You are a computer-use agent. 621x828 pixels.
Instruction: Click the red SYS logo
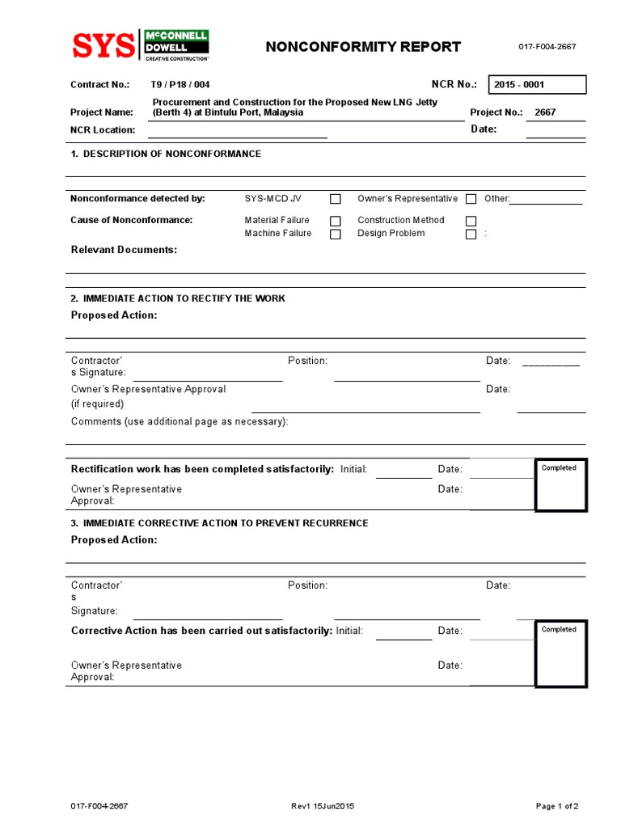103,46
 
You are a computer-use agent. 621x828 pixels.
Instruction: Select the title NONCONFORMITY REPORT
363,47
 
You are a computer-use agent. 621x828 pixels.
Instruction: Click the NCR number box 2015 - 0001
537,85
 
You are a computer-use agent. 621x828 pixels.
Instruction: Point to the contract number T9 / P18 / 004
180,85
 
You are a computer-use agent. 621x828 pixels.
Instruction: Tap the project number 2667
545,112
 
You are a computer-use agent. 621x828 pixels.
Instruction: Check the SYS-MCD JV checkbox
336,199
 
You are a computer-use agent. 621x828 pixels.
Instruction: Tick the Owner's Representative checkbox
471,199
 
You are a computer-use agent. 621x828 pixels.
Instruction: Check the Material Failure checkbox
336,221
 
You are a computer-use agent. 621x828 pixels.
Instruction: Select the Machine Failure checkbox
336,234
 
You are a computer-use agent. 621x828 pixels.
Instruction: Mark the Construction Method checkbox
471,221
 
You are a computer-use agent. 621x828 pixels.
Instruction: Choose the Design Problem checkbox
471,234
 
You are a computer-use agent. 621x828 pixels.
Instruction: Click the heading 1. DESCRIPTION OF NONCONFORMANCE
166,154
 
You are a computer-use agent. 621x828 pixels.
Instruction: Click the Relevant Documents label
124,250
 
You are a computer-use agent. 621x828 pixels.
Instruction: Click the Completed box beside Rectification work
561,485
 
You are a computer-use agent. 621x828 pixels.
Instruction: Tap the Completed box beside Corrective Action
561,653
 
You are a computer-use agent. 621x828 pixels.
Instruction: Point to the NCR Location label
103,130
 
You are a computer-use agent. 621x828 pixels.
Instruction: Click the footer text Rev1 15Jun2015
323,806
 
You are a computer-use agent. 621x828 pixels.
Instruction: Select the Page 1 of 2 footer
557,806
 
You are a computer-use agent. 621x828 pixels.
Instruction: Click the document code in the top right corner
547,47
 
